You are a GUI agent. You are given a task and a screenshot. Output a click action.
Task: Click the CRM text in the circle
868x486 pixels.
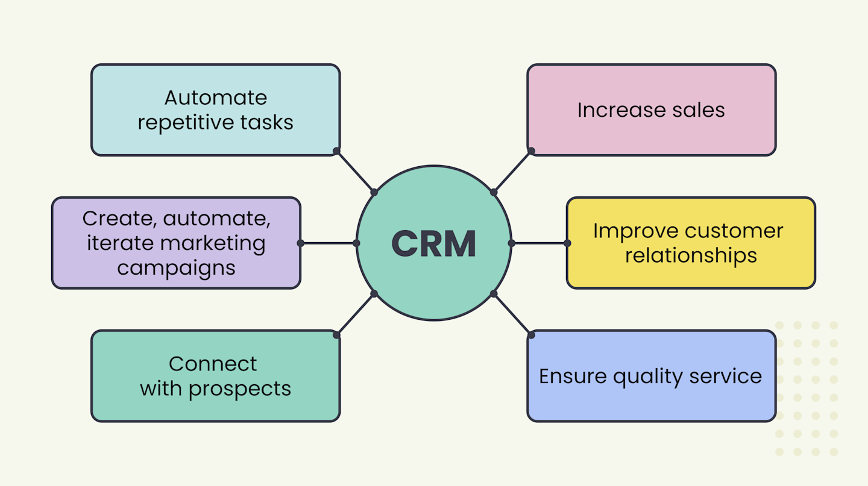point(433,243)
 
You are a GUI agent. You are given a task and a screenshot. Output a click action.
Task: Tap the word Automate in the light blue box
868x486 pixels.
point(215,98)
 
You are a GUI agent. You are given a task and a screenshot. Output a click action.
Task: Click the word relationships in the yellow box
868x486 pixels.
point(691,255)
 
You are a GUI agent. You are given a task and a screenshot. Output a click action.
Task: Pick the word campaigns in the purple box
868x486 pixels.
point(176,268)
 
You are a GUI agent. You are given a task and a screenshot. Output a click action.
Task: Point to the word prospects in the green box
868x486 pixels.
point(240,389)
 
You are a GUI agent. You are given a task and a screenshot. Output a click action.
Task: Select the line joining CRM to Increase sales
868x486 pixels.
point(512,172)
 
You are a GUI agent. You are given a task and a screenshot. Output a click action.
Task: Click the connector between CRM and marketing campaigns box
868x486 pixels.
point(329,243)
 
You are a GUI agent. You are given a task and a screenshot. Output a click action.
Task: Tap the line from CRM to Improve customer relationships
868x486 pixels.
point(539,243)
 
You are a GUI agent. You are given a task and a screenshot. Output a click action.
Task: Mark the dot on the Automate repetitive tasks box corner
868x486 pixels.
point(336,151)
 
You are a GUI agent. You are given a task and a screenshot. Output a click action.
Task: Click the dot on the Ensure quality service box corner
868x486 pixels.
point(531,335)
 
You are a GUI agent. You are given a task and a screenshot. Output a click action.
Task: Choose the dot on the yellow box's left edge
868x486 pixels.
point(567,243)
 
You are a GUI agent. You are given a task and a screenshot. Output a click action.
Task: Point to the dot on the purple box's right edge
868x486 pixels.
point(300,243)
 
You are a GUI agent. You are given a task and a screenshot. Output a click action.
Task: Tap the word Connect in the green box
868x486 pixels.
point(213,364)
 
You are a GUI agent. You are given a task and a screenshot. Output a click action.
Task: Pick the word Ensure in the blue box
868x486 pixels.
point(573,376)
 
